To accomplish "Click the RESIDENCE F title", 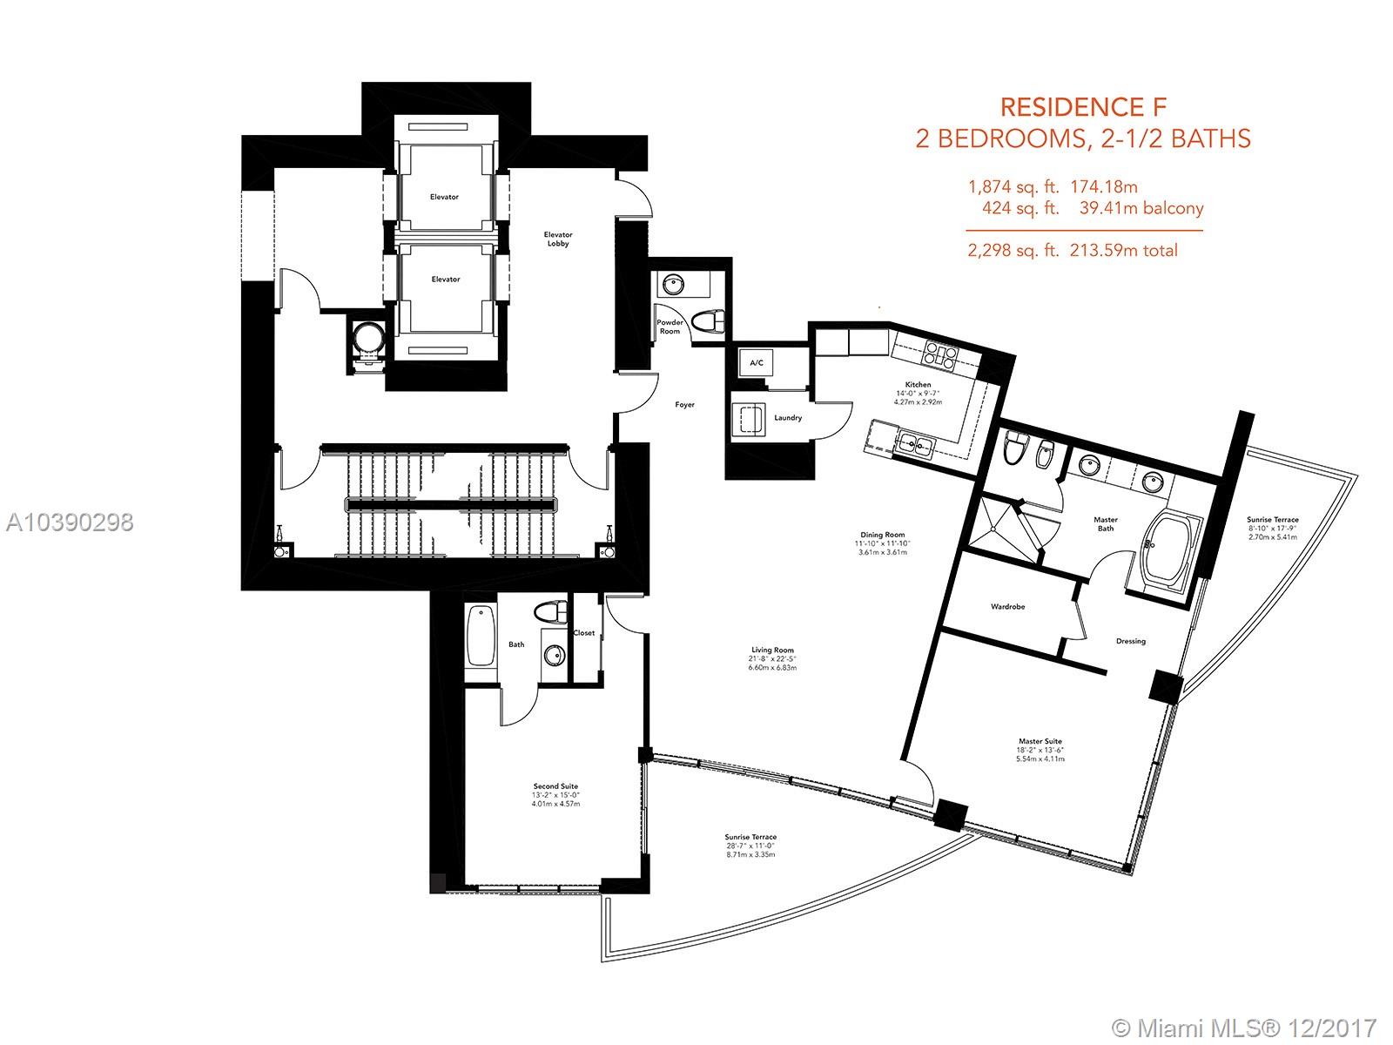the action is tap(1083, 107).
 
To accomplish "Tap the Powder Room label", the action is tap(670, 327).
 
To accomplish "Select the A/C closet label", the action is tap(757, 363).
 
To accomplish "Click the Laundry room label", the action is tap(788, 417).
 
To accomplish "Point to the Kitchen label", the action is tap(918, 385).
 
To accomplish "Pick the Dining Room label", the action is tap(883, 535).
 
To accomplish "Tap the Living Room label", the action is tap(772, 650).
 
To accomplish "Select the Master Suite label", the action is tap(1040, 741).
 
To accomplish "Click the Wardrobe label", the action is tap(1008, 607).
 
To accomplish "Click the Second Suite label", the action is tap(555, 786).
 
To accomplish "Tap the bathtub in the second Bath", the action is tap(481, 636).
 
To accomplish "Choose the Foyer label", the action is tap(685, 404).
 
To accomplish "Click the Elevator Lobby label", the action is tap(558, 239).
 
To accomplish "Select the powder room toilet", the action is tap(707, 321).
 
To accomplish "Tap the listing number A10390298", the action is tap(70, 522).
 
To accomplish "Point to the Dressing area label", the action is tap(1131, 641).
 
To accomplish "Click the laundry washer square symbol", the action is tap(749, 420).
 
